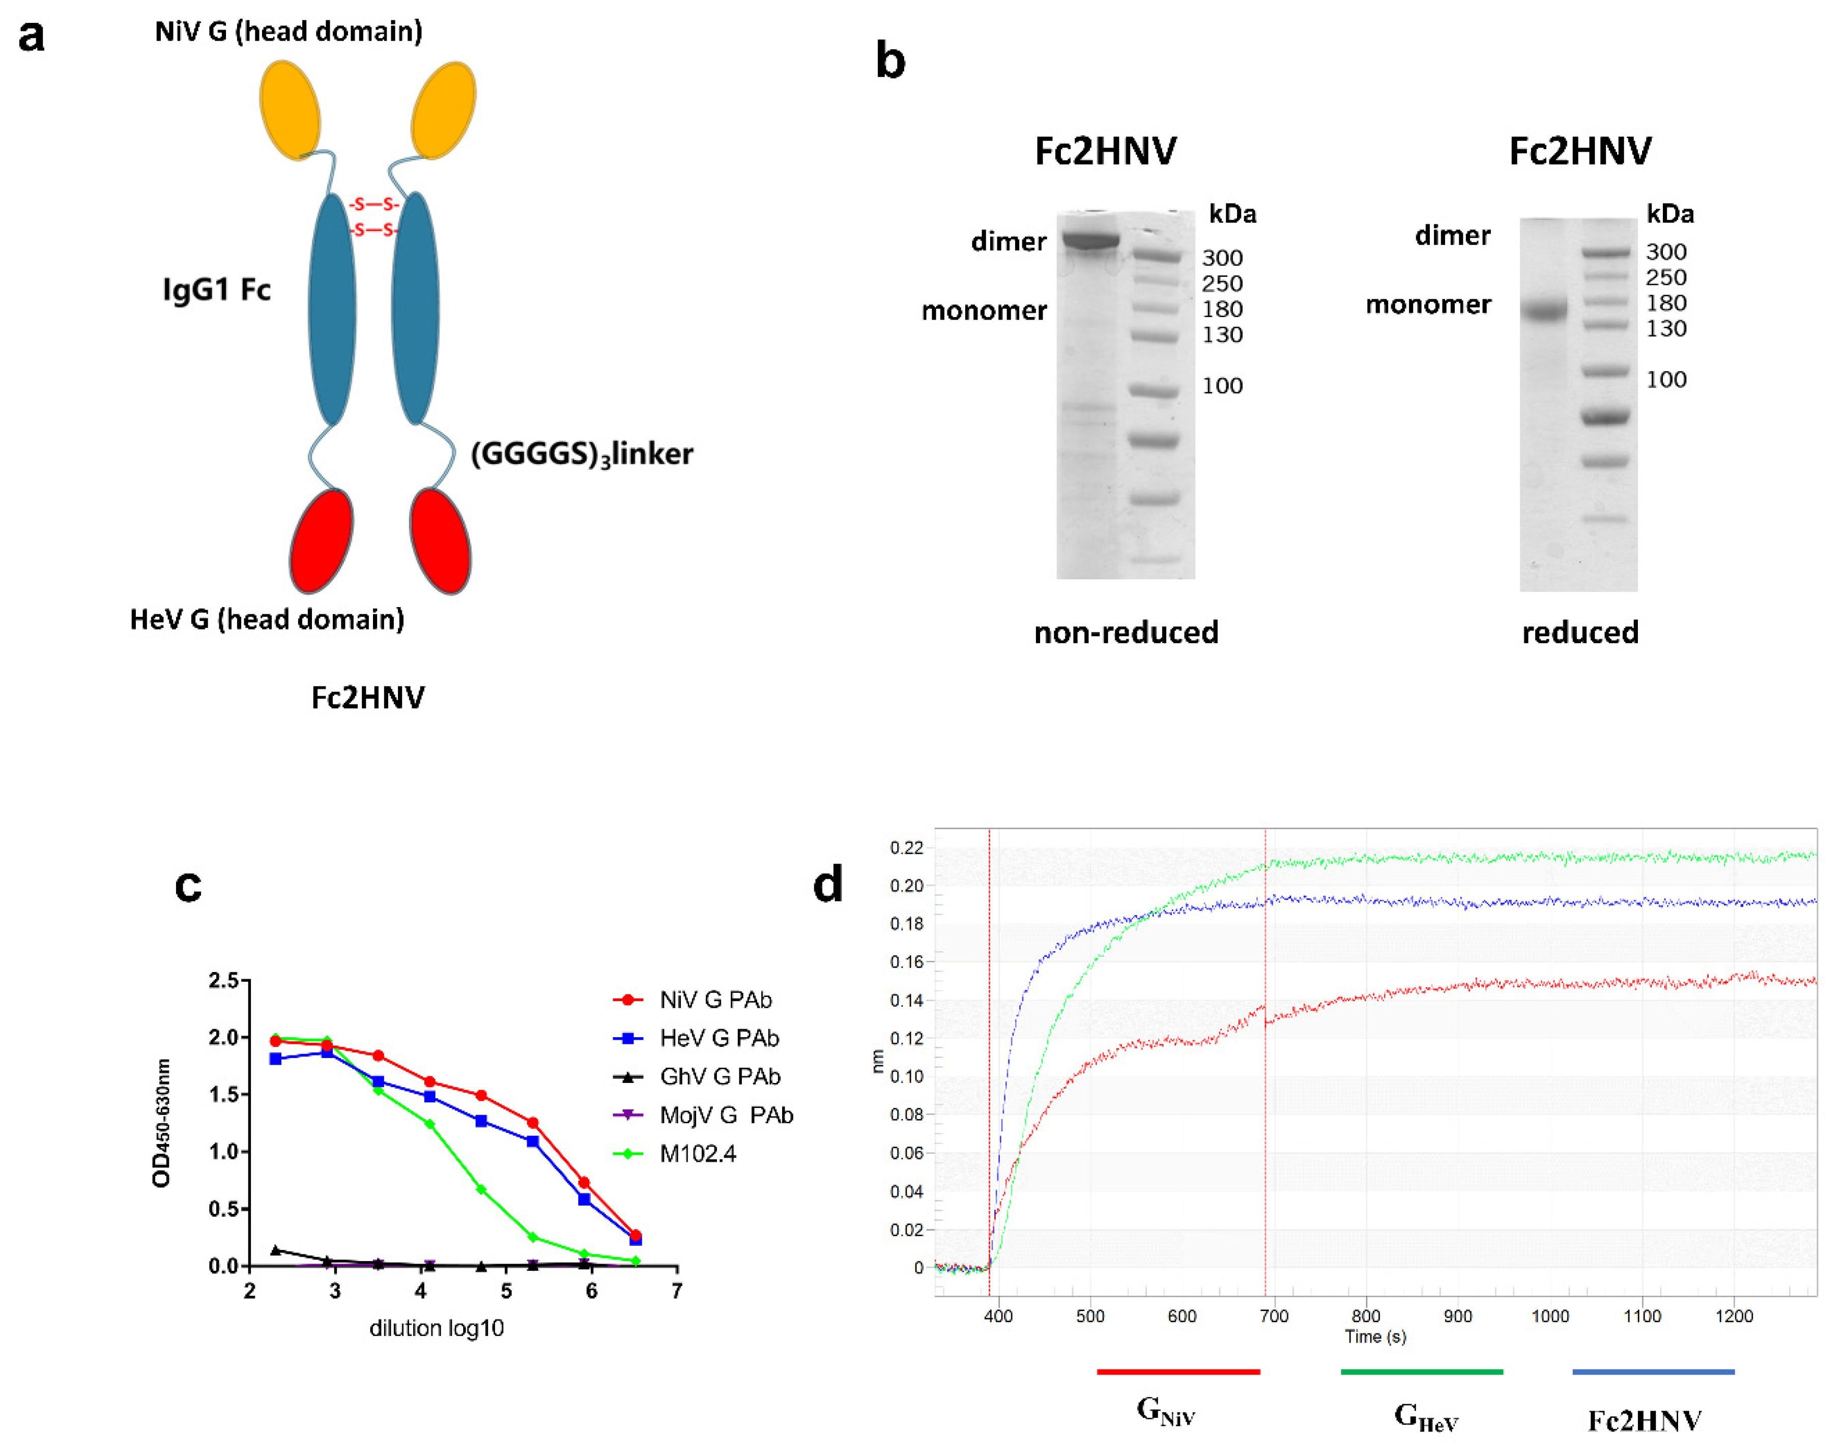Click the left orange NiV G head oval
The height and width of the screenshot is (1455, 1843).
coord(290,110)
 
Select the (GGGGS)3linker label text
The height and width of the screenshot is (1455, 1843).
coord(582,454)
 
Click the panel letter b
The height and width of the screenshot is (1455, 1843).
coord(890,62)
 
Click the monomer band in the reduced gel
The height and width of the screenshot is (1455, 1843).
coord(1543,309)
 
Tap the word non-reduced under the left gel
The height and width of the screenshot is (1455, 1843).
coord(1126,632)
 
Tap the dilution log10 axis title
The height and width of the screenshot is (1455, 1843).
coord(436,1328)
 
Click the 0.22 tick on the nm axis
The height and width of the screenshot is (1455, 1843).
coord(906,848)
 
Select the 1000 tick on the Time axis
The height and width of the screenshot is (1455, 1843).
coord(1549,1316)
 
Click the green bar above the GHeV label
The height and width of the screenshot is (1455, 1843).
coord(1421,1372)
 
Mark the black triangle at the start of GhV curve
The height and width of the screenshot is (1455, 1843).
coord(275,1250)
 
